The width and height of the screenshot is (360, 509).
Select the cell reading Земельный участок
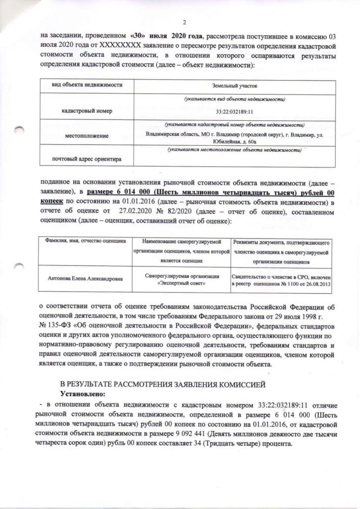pyautogui.click(x=234, y=86)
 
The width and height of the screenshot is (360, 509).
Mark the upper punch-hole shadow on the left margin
pyautogui.click(x=19, y=131)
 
